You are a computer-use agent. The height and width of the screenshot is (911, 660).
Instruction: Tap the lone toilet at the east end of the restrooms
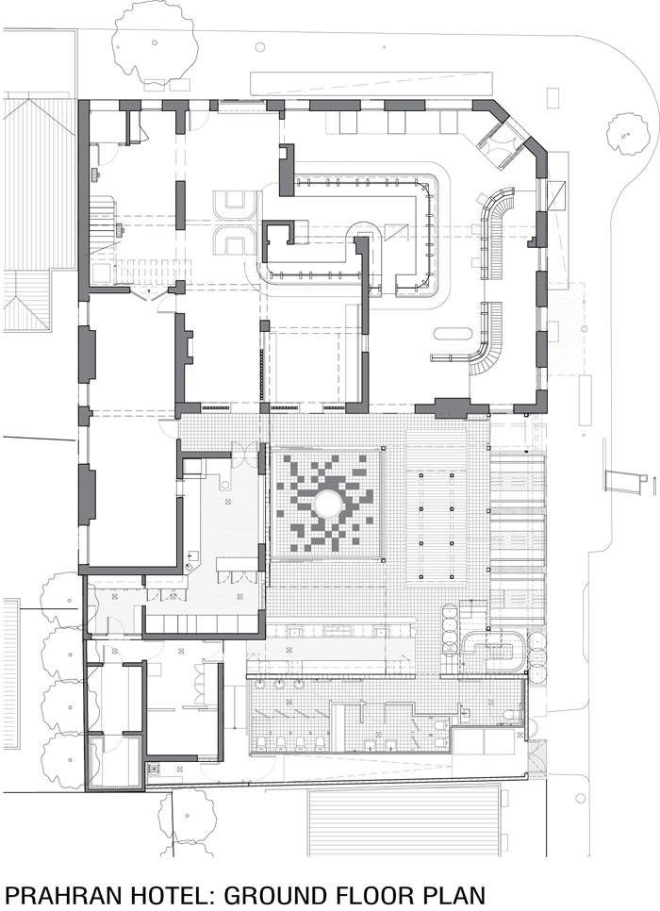(x=510, y=715)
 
